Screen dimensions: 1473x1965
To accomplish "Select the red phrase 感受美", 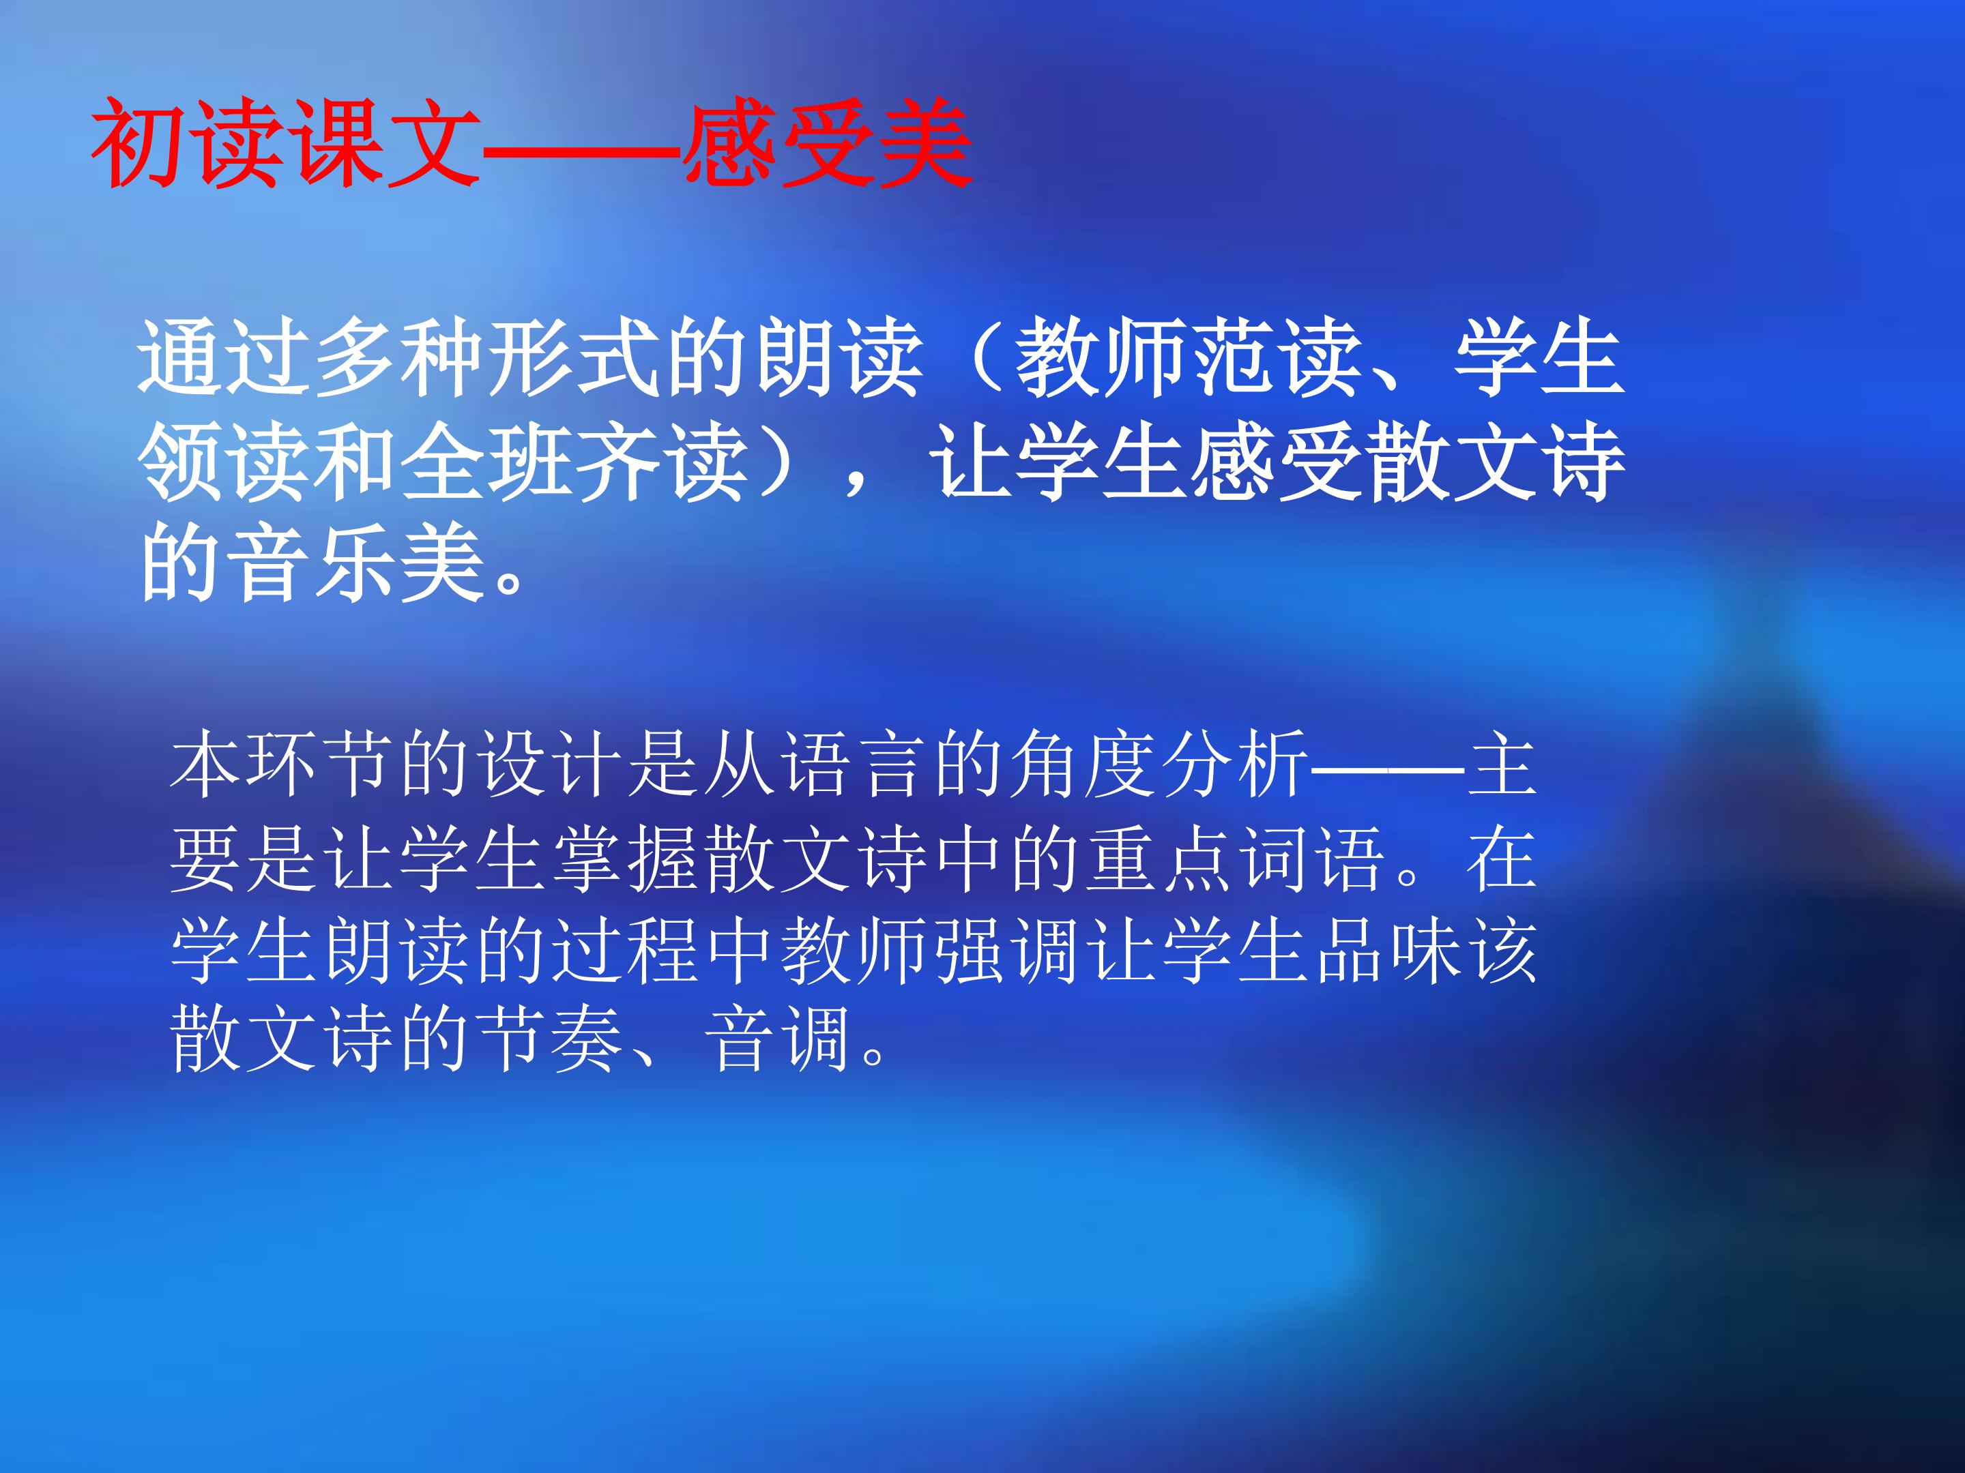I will [826, 142].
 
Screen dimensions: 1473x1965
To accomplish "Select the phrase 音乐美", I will [355, 565].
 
